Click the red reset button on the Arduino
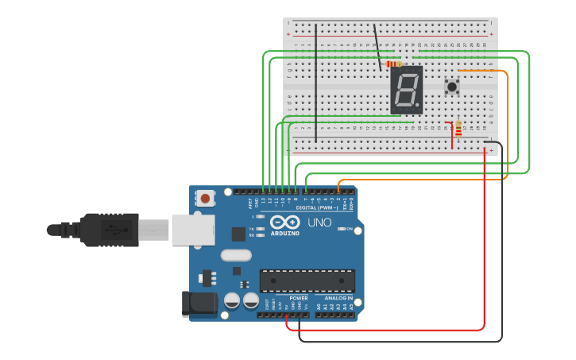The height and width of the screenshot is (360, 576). tap(206, 198)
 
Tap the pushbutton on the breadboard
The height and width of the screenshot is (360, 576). tap(452, 87)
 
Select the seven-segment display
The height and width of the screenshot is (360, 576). tap(406, 89)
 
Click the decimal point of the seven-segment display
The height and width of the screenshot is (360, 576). tap(419, 108)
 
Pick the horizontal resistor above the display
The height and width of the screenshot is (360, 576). tap(393, 64)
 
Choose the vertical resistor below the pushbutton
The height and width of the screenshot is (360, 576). tap(458, 128)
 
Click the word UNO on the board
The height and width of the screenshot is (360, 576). tap(319, 223)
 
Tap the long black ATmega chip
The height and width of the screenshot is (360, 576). tap(307, 281)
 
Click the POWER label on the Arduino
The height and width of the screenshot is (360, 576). tap(299, 299)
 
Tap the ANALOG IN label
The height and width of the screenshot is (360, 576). tap(338, 299)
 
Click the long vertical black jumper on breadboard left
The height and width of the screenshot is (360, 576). tap(316, 83)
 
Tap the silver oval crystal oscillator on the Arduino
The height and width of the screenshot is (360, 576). tap(236, 255)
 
